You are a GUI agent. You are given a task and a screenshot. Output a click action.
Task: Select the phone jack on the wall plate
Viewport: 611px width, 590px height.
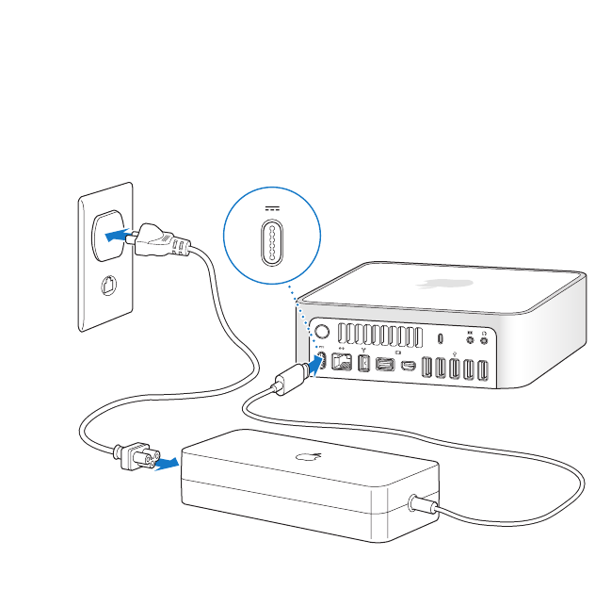tap(109, 285)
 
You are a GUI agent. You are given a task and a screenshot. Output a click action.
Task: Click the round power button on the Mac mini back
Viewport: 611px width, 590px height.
tap(319, 332)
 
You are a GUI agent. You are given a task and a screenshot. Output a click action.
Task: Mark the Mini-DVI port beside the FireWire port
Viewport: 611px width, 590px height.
tap(386, 365)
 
